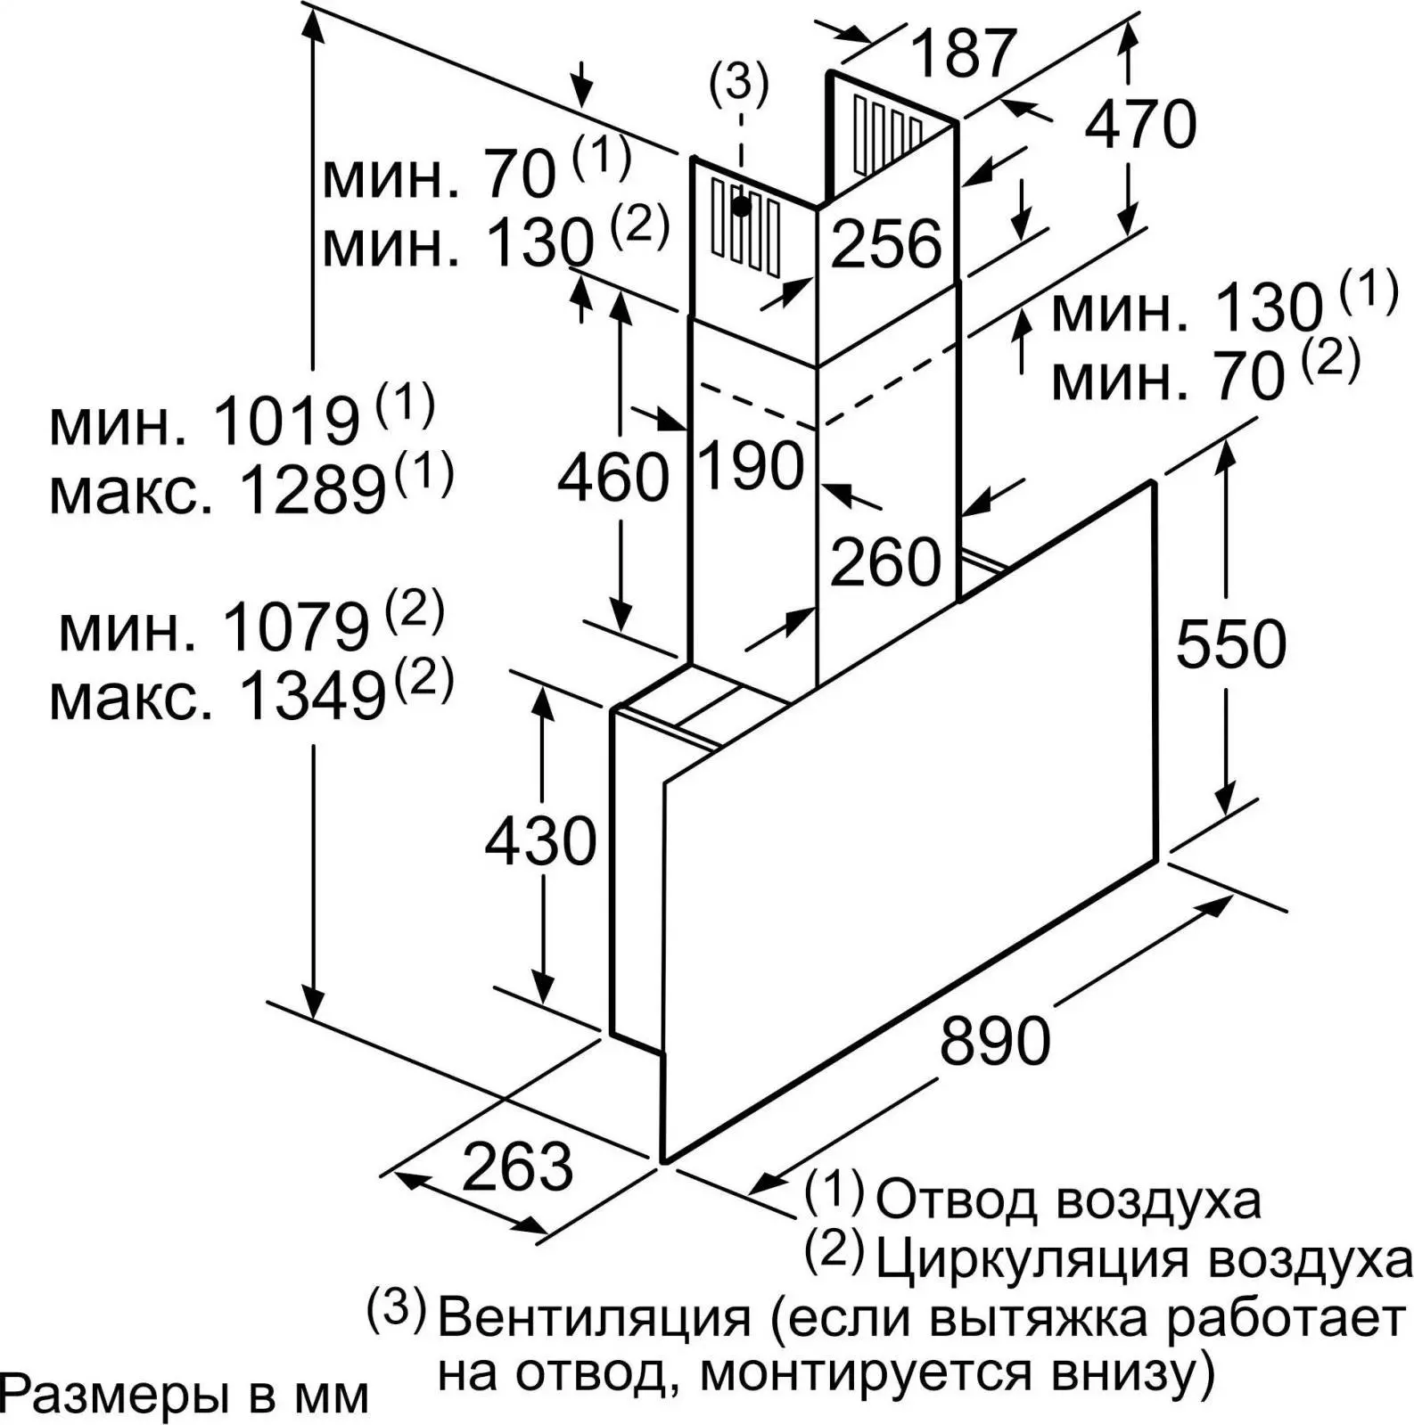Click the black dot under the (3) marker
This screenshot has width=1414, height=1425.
741,207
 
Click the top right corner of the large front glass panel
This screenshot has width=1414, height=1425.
1155,482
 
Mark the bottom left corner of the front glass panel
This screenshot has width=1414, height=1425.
663,1161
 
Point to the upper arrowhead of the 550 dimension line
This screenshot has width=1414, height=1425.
1227,455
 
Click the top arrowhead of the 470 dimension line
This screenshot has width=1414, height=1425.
1129,37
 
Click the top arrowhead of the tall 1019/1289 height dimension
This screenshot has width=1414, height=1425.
312,27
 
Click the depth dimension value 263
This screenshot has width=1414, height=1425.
518,1167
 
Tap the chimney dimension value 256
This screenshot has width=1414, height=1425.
886,242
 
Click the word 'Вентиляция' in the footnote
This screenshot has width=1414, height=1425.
595,1318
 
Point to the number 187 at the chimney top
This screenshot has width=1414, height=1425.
964,53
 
